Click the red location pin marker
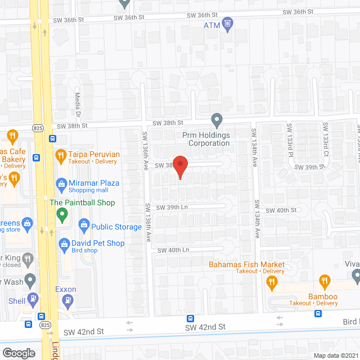[x=179, y=167]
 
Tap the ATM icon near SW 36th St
[x=227, y=24]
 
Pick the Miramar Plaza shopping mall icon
[x=62, y=183]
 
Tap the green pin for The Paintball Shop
[x=62, y=214]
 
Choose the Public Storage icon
[x=84, y=226]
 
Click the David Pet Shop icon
[x=64, y=243]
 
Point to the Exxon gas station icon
[x=69, y=299]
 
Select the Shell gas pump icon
[x=34, y=299]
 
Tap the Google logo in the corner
[x=18, y=353]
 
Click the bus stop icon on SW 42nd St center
[x=190, y=318]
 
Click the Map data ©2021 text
[x=336, y=355]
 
